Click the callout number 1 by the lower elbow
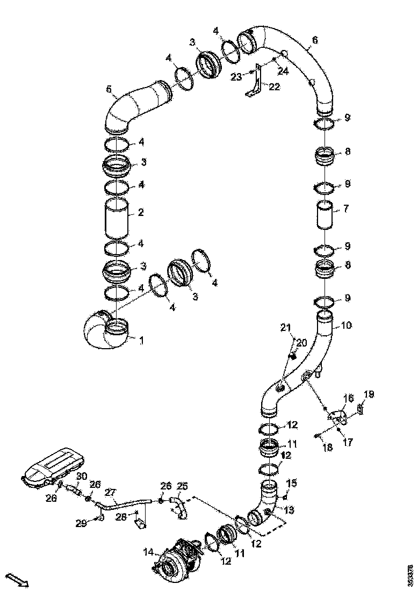(141, 340)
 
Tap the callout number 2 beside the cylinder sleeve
(140, 213)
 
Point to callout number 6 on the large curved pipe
(315, 40)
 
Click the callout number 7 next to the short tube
(347, 208)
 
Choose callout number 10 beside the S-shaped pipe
(347, 326)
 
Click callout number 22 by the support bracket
(274, 87)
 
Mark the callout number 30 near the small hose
(81, 477)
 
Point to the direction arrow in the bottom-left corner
(19, 581)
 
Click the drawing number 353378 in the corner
(410, 574)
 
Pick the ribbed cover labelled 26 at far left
(51, 467)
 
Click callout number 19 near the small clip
(368, 394)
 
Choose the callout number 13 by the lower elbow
(290, 509)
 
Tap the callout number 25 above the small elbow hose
(183, 486)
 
